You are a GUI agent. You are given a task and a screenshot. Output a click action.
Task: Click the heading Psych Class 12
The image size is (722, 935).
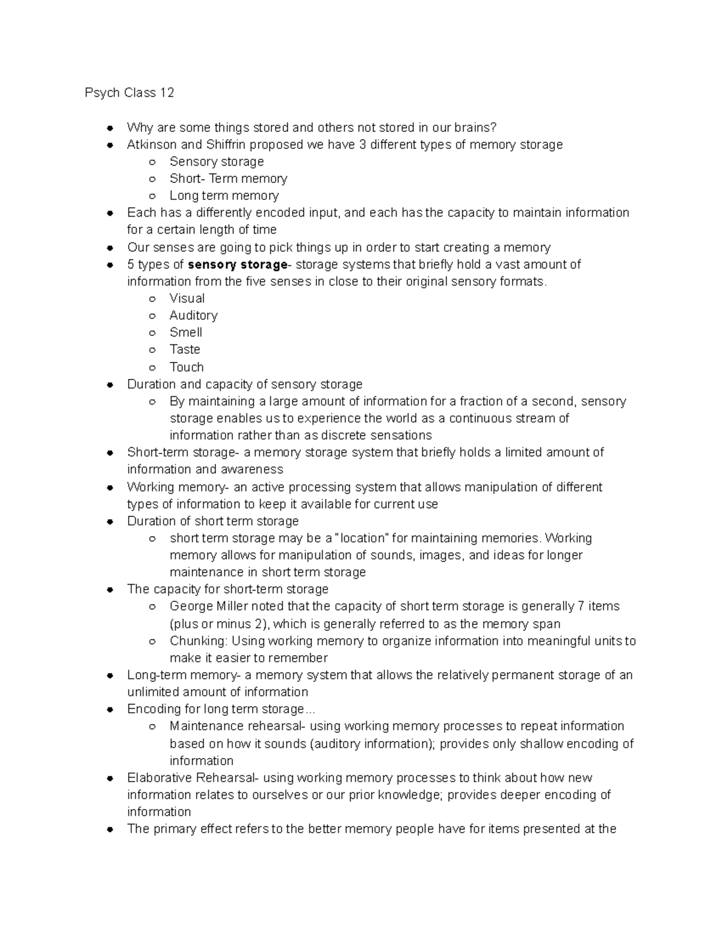pos(129,93)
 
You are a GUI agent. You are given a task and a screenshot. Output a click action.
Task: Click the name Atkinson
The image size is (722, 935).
pos(152,144)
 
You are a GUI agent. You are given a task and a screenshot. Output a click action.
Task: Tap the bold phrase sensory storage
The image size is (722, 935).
pos(238,264)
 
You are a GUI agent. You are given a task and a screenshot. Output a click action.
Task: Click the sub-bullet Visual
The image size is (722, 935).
pos(187,299)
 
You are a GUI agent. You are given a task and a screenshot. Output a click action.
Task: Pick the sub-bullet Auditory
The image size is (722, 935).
pos(193,315)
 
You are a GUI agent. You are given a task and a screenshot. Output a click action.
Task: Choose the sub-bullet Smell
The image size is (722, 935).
pos(186,332)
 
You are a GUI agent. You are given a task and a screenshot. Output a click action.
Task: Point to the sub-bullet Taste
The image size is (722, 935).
pos(185,349)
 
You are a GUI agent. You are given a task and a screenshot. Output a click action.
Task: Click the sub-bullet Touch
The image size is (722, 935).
pos(187,367)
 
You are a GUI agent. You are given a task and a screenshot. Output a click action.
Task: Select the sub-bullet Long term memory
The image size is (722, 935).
pos(224,196)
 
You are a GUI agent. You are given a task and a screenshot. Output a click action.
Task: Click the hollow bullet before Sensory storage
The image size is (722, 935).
pos(153,162)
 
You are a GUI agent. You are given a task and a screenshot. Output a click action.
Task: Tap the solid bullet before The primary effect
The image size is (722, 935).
pos(110,830)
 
